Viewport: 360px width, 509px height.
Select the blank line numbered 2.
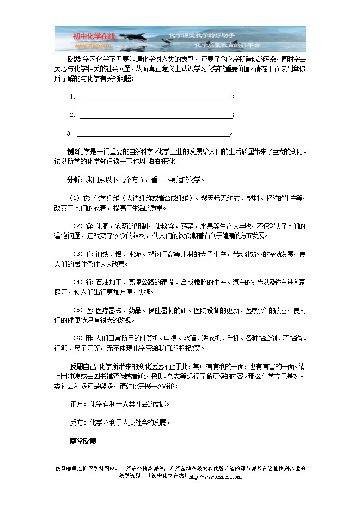click(x=156, y=115)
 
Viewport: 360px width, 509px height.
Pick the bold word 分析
click(x=74, y=179)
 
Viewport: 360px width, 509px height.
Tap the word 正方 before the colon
click(x=76, y=404)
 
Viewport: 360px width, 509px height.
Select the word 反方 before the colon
click(x=76, y=422)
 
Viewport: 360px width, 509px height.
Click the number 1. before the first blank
click(x=72, y=97)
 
